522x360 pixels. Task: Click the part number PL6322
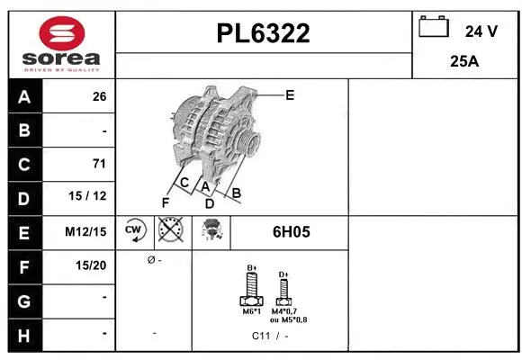click(x=264, y=33)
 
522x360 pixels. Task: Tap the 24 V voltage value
click(x=481, y=31)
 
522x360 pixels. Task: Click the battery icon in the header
click(x=434, y=28)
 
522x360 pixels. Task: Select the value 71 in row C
click(x=99, y=164)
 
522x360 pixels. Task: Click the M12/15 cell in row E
click(x=86, y=231)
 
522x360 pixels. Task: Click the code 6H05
click(x=291, y=231)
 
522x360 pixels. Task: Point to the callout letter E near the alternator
click(x=290, y=94)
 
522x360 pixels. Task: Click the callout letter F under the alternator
click(x=165, y=202)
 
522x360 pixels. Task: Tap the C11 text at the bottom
click(x=261, y=336)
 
